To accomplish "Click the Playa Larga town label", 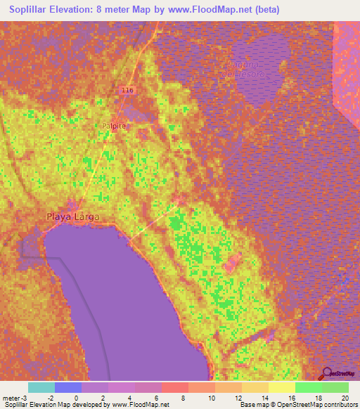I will [73, 216].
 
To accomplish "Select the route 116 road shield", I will [127, 91].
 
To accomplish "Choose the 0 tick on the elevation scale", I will [76, 397].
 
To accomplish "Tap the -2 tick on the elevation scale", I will [49, 397].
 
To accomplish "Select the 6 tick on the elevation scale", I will [156, 397].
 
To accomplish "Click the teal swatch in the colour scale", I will [41, 387].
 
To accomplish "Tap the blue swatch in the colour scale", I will [68, 387].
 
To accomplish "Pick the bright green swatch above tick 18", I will [309, 387].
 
